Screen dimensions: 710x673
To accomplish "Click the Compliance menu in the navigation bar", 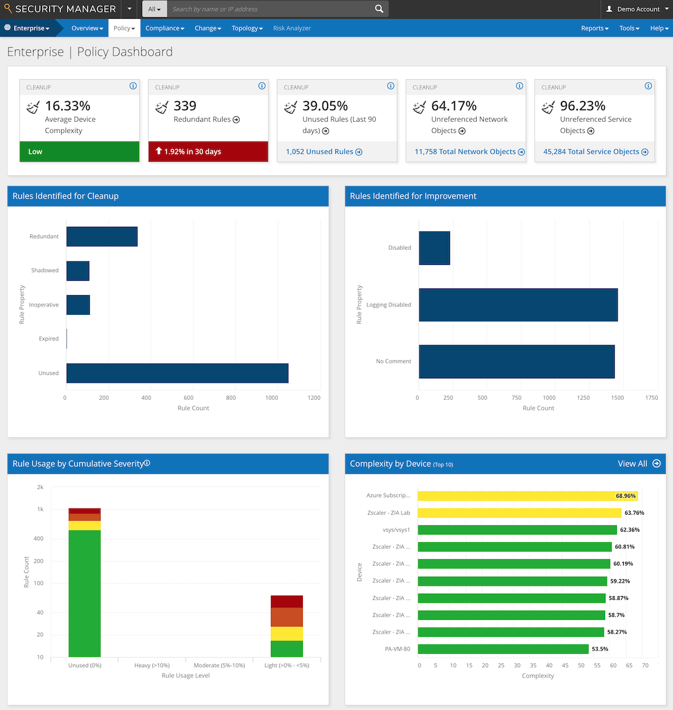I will pos(164,28).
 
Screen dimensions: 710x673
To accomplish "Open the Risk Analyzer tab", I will pos(292,28).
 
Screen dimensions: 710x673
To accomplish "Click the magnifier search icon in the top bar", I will pos(379,9).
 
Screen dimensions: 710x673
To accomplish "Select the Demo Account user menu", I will pos(633,9).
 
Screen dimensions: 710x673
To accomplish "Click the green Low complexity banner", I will pos(79,152).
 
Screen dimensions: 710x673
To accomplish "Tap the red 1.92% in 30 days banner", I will pos(208,152).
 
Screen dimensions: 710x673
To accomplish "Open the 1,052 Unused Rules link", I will pos(324,152).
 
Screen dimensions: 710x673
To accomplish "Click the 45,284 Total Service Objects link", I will pos(595,152).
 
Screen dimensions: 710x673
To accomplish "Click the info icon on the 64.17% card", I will pos(519,86).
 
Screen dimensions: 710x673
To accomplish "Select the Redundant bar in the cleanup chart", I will pos(102,236).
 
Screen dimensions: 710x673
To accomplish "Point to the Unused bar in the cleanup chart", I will pos(177,373).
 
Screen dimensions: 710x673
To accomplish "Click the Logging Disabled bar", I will pos(518,305).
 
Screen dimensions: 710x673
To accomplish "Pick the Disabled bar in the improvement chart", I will pos(434,248).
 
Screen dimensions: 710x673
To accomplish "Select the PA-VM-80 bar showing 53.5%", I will pos(503,649).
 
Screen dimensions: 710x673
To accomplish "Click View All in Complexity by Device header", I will pos(638,464).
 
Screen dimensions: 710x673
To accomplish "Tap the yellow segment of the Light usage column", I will pos(287,634).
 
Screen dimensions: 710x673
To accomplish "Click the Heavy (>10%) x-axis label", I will pos(152,665).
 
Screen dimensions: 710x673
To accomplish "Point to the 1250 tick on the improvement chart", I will pos(583,397).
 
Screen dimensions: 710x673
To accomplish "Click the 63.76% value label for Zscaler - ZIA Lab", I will pos(634,513).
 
